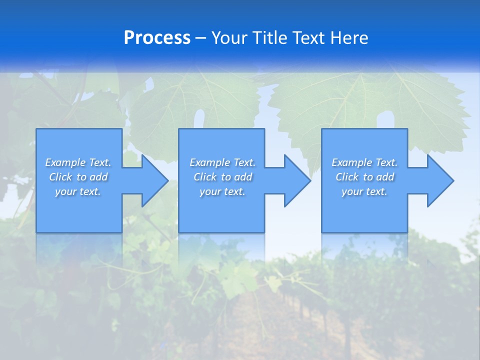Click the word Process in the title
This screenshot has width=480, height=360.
[x=157, y=38]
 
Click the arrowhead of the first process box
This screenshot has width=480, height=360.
[x=154, y=180]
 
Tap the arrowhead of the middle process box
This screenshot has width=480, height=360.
[x=297, y=180]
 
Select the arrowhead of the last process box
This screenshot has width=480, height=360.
[x=440, y=180]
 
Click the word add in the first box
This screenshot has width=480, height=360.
[x=98, y=177]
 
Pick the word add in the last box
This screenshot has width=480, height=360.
[x=385, y=177]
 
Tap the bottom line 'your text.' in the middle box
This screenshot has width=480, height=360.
[x=222, y=192]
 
